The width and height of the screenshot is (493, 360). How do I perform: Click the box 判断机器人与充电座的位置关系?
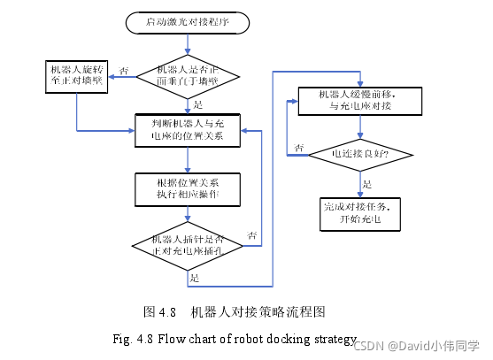[x=188, y=129]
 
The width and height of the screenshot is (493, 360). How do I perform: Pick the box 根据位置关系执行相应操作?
[x=188, y=187]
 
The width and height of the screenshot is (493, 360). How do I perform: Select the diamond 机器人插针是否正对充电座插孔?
[x=188, y=244]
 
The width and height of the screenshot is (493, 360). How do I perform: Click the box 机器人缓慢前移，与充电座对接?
[x=358, y=101]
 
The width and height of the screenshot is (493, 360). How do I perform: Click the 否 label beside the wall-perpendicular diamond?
[x=123, y=70]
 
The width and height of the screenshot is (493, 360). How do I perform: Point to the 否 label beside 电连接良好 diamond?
[x=299, y=146]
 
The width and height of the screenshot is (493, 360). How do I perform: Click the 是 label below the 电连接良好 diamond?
[x=368, y=184]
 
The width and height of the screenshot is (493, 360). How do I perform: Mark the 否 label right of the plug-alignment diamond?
[x=252, y=235]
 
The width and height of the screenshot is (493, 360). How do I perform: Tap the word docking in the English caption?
[x=284, y=339]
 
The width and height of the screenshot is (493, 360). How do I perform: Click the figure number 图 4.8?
[x=161, y=311]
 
